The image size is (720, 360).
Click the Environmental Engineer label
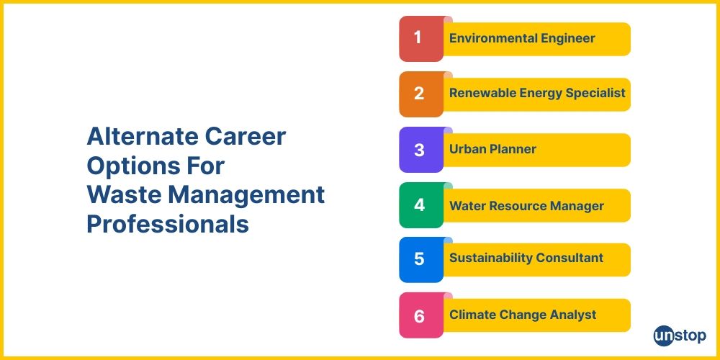[522, 38]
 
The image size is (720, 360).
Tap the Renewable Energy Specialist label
[536, 93]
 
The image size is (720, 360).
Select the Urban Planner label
[492, 150]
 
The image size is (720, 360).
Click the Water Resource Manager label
[526, 206]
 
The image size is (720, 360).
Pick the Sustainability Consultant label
[526, 258]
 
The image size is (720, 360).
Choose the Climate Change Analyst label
[523, 315]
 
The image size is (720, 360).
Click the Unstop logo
[679, 335]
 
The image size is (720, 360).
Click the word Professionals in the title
[168, 224]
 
